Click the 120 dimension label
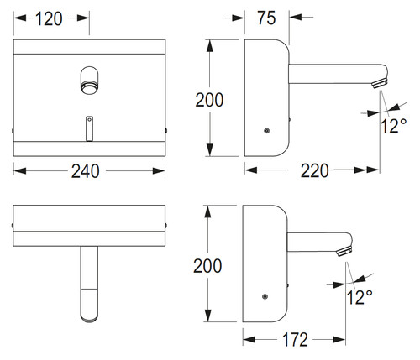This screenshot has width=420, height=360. [49, 19]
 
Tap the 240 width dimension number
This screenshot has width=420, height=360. [85, 171]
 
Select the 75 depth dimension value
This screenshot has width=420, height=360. [266, 18]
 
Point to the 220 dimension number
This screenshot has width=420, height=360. [314, 170]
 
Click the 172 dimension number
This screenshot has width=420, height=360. [295, 340]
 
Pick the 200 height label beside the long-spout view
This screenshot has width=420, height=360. [209, 100]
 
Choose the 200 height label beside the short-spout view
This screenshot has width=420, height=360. [207, 266]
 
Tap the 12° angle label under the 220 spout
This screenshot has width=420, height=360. [393, 126]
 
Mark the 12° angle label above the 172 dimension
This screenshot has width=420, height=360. [360, 297]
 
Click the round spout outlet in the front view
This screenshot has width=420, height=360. [90, 88]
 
